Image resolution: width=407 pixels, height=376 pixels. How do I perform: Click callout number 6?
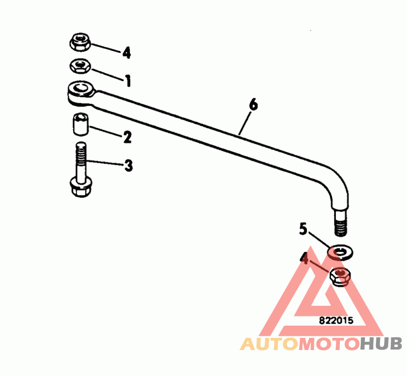tap(253, 105)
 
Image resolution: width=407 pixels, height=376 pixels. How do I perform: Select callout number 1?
tap(128, 80)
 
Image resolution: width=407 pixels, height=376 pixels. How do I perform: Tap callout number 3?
tap(128, 165)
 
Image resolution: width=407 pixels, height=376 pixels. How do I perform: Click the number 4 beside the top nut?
tap(126, 52)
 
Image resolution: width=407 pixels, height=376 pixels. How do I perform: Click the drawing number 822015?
tap(336, 321)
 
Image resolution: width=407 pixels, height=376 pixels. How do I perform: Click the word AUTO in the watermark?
tap(269, 344)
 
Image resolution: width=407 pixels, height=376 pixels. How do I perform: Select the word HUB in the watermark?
tap(381, 344)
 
